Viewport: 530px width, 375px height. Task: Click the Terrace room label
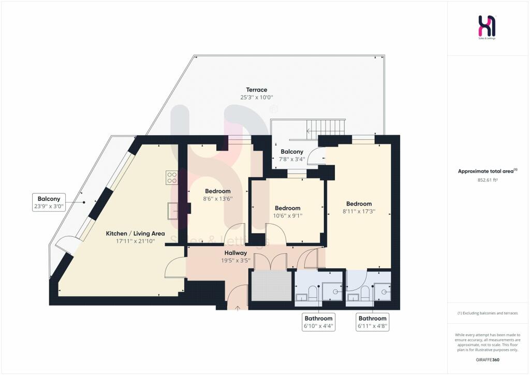257,90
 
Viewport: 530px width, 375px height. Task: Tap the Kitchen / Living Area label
136,234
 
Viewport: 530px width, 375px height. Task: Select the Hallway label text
235,253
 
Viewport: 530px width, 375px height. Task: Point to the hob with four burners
172,178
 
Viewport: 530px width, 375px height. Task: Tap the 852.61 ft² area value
487,180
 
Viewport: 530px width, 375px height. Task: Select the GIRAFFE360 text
487,359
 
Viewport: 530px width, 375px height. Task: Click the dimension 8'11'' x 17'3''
359,211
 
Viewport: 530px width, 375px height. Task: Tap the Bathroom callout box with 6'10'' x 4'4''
318,322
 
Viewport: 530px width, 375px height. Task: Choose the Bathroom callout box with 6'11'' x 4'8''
373,322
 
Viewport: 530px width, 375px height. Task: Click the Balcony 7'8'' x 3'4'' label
292,155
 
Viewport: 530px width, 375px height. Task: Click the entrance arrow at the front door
238,308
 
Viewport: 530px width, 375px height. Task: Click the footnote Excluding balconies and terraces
487,313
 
